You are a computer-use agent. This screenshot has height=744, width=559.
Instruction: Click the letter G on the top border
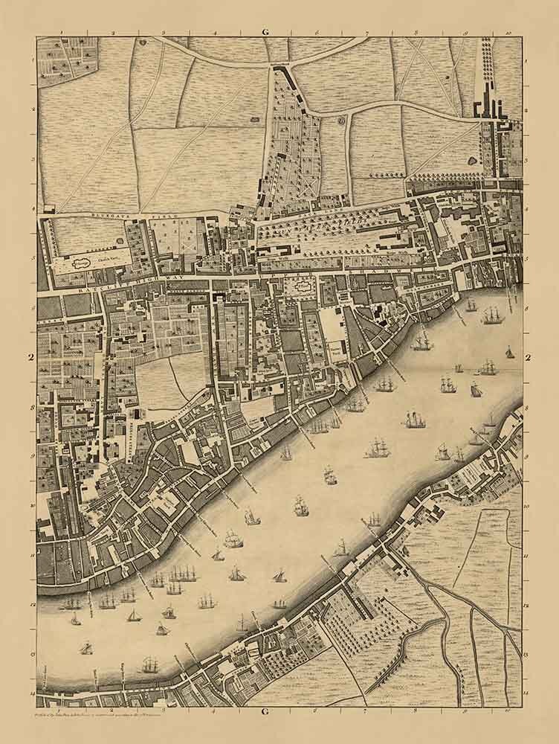tap(265, 32)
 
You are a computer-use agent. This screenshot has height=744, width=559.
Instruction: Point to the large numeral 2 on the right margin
tap(529, 358)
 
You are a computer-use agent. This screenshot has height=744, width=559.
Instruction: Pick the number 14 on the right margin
tap(526, 692)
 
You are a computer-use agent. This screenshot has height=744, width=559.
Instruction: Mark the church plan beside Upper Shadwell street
tap(303, 283)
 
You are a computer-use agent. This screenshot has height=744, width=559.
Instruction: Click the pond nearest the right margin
tap(474, 160)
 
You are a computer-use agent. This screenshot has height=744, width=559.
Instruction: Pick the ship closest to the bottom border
tap(150, 664)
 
